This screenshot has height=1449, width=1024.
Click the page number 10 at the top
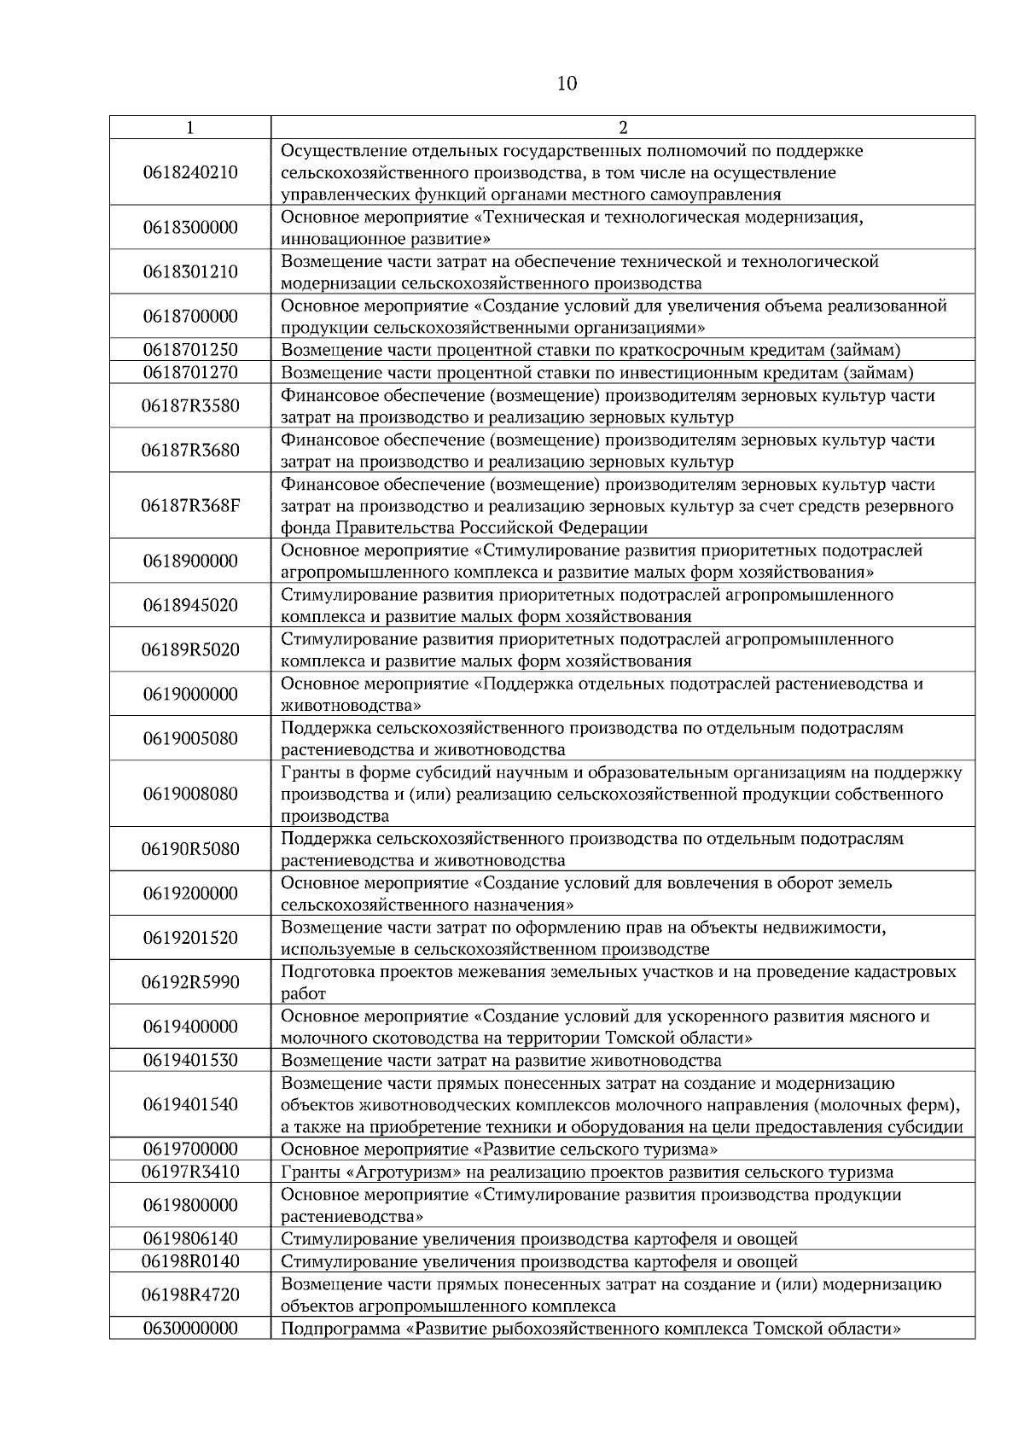[567, 84]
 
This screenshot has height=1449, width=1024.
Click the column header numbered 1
[189, 128]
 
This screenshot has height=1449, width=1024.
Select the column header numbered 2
[623, 128]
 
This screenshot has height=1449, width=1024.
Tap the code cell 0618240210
[190, 172]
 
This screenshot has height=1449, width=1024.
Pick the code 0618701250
[190, 350]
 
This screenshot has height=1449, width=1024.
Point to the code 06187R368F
[190, 505]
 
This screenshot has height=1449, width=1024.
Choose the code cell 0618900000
[190, 561]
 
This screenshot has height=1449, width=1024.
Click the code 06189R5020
[190, 649]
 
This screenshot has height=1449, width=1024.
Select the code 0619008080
[190, 794]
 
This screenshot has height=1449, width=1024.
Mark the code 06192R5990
[190, 982]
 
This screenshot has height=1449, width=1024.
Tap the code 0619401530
[190, 1061]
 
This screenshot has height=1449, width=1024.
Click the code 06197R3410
[190, 1172]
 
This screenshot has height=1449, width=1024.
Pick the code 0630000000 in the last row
[190, 1329]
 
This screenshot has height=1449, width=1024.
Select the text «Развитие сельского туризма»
[596, 1149]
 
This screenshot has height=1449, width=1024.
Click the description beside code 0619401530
[501, 1061]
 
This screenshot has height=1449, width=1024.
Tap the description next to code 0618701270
[597, 373]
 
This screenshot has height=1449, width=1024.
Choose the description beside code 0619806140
[539, 1239]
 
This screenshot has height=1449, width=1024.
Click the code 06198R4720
[190, 1295]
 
